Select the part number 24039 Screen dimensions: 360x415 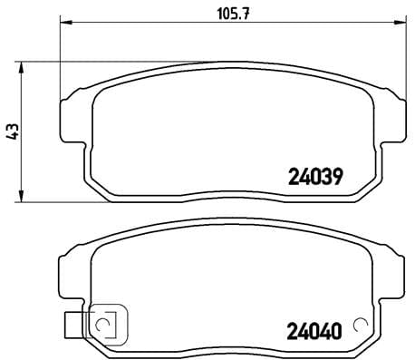coord(314,178)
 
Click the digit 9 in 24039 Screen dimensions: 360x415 coord(336,178)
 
